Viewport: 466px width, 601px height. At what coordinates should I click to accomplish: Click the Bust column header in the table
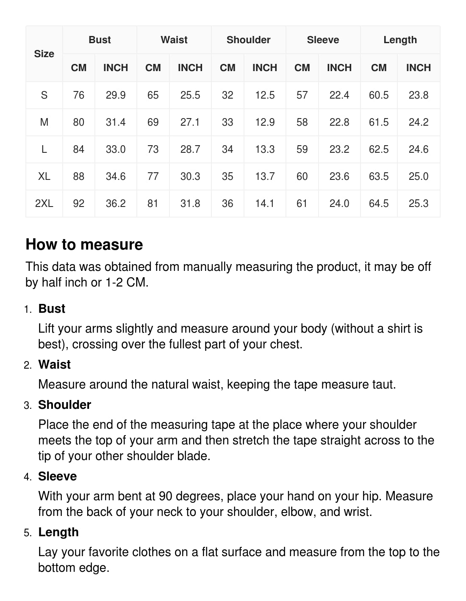(x=100, y=40)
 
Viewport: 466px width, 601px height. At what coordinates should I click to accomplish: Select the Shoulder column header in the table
(x=248, y=40)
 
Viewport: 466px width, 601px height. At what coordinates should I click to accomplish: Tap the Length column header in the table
(x=400, y=40)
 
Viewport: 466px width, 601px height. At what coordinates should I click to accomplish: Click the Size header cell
(x=44, y=54)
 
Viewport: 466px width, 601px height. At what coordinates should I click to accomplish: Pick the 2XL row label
(x=44, y=204)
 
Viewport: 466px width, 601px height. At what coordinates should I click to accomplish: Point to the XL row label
(x=44, y=176)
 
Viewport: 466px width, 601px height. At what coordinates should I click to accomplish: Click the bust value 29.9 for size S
(x=116, y=95)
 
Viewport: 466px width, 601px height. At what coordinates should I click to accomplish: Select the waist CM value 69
(x=153, y=122)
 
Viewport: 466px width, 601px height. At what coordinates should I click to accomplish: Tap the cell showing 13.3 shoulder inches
(x=265, y=149)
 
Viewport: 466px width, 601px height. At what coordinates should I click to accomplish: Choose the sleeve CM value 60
(x=302, y=176)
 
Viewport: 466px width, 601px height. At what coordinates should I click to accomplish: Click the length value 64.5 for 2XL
(x=379, y=204)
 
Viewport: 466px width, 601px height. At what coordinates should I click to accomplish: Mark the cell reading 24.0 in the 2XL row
(x=339, y=204)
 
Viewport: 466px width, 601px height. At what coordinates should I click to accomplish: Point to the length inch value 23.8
(x=419, y=95)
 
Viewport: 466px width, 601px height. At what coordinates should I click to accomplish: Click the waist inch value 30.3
(x=190, y=176)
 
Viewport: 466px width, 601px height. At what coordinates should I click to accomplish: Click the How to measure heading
(x=84, y=245)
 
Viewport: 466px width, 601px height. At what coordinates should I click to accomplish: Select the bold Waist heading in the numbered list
(x=54, y=364)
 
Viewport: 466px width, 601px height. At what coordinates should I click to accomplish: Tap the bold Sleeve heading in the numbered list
(x=57, y=476)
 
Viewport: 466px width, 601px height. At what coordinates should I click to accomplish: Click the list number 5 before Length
(x=28, y=533)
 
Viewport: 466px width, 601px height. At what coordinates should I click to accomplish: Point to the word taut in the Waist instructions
(x=383, y=384)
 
